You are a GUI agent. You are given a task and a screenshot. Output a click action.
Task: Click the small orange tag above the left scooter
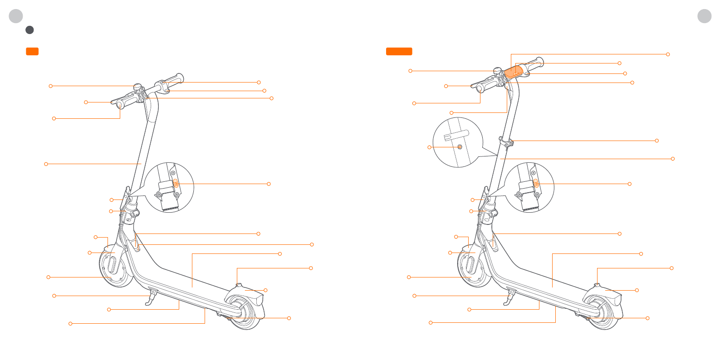tap(32, 51)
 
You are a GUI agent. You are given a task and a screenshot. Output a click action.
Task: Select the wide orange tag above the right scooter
tap(399, 51)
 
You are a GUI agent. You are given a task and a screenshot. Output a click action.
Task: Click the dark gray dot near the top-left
tap(29, 30)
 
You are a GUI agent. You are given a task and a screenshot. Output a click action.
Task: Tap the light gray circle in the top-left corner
tap(16, 16)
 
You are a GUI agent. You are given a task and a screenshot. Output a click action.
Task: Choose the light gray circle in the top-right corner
tap(704, 16)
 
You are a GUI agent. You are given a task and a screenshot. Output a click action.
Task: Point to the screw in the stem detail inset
tap(460, 147)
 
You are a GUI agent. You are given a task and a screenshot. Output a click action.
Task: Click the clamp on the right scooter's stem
tap(506, 142)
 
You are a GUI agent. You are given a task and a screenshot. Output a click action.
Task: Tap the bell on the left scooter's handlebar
tap(137, 88)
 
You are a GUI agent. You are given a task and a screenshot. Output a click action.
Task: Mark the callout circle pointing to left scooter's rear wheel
tap(289, 318)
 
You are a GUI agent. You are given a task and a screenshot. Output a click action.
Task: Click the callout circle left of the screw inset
tap(429, 147)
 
